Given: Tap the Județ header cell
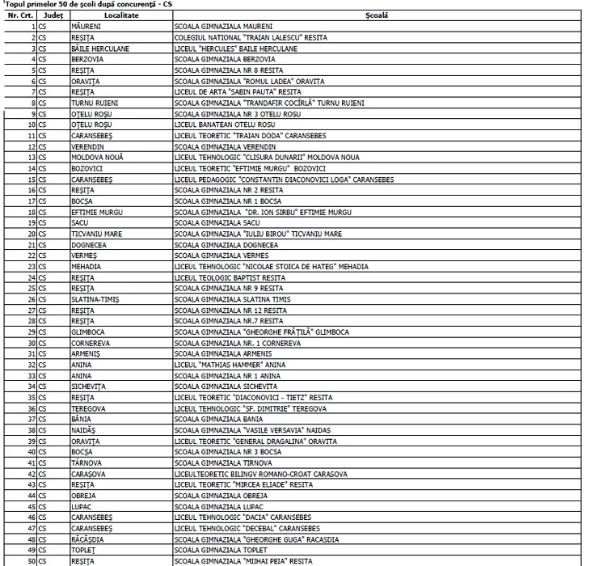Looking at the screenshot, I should pyautogui.click(x=53, y=15).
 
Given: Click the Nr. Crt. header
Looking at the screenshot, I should pyautogui.click(x=19, y=15).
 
